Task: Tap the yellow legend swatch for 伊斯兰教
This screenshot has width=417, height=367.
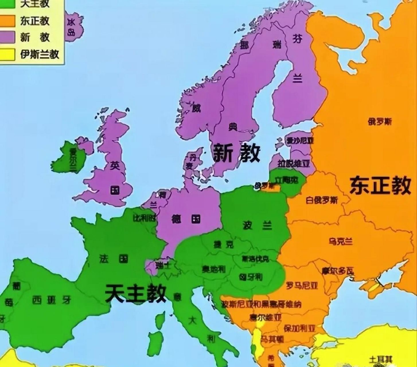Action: coord(7,54)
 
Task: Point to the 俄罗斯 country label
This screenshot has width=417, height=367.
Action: coord(380,122)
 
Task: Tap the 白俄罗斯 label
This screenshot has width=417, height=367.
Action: coord(322,200)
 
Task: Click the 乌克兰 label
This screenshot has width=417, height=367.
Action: coord(340,241)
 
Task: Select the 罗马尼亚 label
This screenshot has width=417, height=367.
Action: coord(302,285)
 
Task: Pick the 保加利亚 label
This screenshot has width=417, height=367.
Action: coord(299,328)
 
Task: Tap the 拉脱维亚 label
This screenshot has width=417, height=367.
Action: coord(294,164)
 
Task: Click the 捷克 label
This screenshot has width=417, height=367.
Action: coord(223,244)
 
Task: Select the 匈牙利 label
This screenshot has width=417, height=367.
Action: coord(250,277)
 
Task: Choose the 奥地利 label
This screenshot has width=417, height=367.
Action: coord(213,269)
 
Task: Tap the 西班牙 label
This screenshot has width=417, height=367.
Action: coord(51,300)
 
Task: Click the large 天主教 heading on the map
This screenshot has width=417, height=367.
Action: coord(135,293)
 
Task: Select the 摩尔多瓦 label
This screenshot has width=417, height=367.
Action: coord(338,271)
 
